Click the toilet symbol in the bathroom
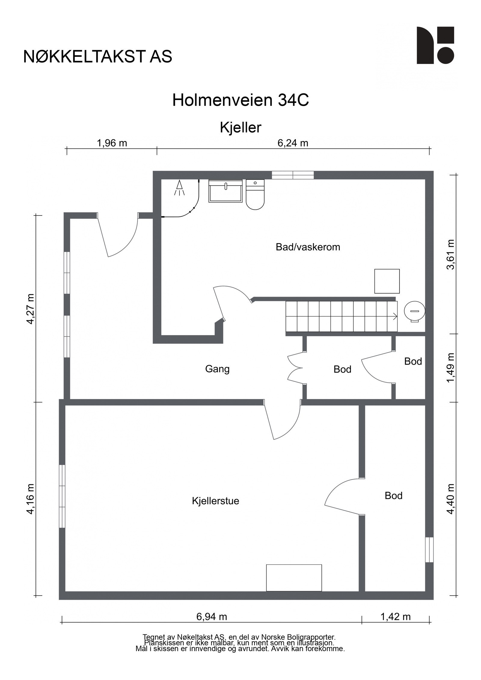point(255,195)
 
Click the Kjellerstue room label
point(215,501)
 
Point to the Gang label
point(217,369)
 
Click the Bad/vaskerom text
point(308,247)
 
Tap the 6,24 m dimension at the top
point(293,143)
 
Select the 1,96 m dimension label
point(112,143)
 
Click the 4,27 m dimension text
point(30,309)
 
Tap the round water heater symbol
point(415,311)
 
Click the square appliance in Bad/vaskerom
point(387,281)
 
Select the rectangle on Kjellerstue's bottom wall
point(294,578)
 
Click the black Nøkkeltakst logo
point(435,45)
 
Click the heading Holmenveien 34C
point(240,100)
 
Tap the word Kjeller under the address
point(240,127)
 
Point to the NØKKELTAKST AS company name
point(98,56)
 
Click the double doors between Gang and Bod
point(295,369)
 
